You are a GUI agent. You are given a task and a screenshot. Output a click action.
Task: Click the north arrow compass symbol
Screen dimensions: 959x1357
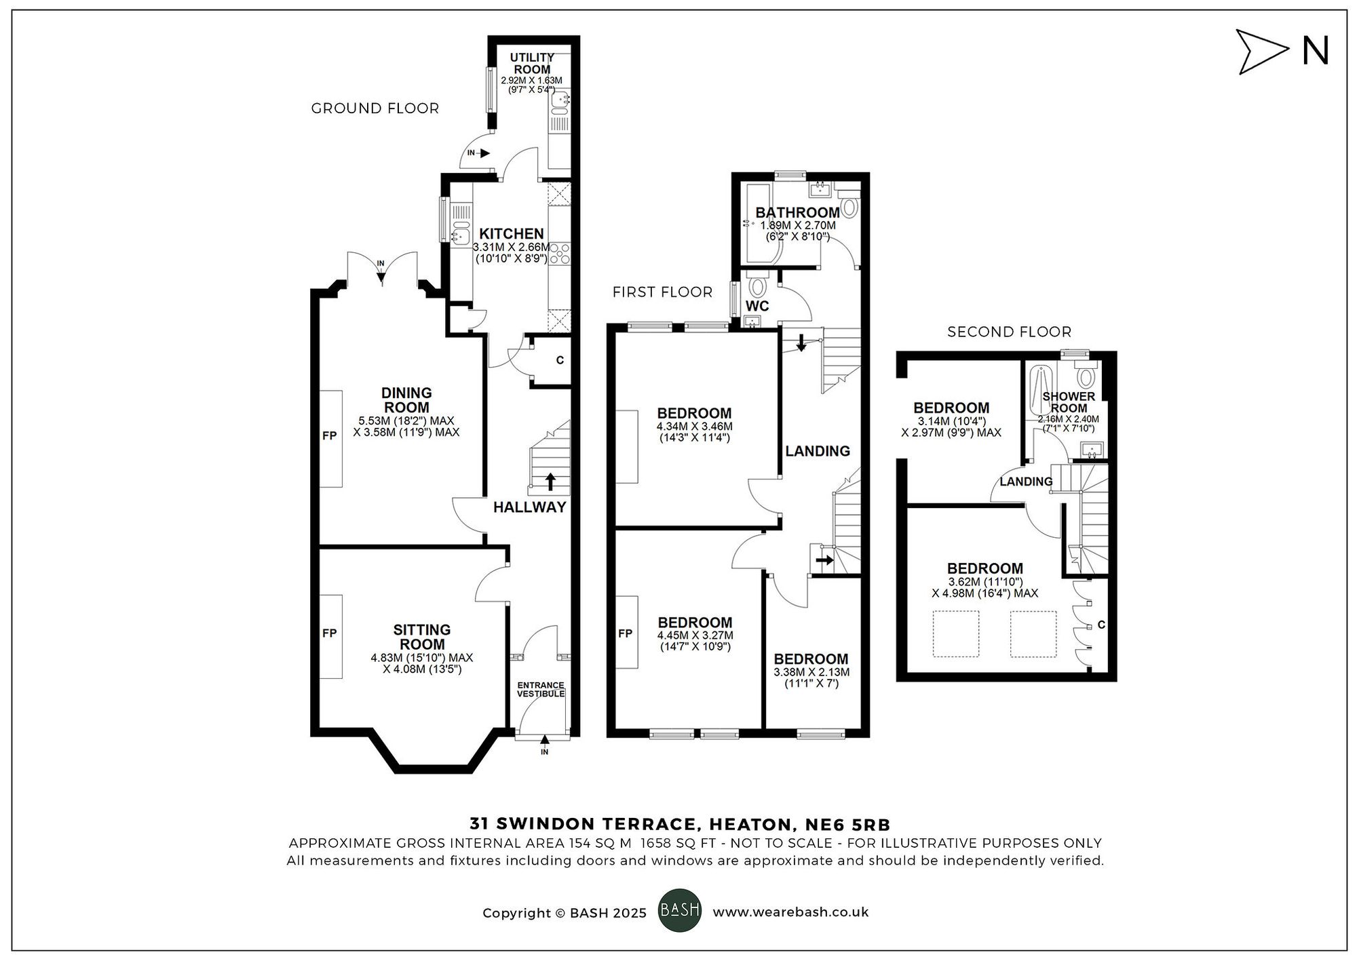point(1261,52)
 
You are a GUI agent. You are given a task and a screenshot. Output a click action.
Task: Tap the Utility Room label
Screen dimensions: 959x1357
point(532,64)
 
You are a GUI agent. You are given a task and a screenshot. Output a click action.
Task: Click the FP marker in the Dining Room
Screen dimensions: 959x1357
point(329,436)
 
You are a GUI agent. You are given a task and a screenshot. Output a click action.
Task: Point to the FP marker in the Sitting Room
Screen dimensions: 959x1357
point(329,633)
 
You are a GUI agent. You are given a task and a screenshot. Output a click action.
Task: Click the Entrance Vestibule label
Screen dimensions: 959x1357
point(541,690)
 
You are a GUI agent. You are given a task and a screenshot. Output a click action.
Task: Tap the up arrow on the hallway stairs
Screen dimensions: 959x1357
point(550,482)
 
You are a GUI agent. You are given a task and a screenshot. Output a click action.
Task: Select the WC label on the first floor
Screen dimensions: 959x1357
point(757,306)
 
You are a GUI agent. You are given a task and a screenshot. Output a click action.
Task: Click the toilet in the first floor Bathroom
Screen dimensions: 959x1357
point(849,203)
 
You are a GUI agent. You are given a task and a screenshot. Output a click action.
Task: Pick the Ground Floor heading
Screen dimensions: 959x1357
point(375,109)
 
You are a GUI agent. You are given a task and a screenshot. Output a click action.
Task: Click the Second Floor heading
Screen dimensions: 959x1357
point(1009,332)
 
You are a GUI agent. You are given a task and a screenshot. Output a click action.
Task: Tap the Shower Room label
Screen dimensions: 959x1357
point(1069,402)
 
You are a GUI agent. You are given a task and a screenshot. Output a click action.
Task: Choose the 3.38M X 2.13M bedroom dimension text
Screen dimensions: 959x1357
point(811,673)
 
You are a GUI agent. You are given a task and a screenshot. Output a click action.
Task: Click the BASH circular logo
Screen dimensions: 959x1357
point(680,910)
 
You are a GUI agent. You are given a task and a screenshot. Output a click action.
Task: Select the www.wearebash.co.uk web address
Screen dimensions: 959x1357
point(790,912)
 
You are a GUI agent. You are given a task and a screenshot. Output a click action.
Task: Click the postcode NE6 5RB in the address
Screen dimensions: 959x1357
point(847,825)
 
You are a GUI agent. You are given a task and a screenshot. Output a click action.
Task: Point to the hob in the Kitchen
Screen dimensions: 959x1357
point(561,254)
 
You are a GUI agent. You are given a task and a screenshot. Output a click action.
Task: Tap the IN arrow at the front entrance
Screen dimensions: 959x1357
point(544,740)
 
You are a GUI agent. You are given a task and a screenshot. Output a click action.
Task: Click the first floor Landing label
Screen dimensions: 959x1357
point(818,451)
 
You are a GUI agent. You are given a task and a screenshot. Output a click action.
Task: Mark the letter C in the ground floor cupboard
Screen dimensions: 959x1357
point(560,360)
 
